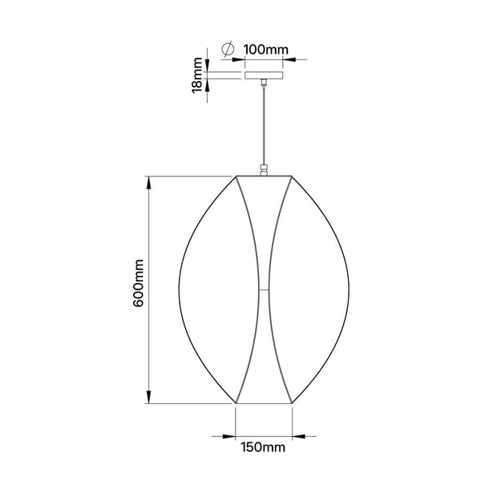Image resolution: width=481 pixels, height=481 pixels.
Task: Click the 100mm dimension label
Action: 266,50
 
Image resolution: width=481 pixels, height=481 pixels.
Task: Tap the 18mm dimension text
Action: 198,75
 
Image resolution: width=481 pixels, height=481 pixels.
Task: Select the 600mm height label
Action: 139,283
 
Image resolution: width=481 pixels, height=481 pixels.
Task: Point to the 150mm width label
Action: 263,447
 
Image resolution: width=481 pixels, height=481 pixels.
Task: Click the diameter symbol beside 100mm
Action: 228,48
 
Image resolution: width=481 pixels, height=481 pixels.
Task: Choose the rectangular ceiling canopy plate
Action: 264,75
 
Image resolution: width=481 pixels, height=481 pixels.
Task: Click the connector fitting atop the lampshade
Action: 264,170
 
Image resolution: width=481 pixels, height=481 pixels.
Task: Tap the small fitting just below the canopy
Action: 264,83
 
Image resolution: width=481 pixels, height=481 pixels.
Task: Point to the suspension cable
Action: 264,126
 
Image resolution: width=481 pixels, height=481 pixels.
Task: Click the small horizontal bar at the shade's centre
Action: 264,289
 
